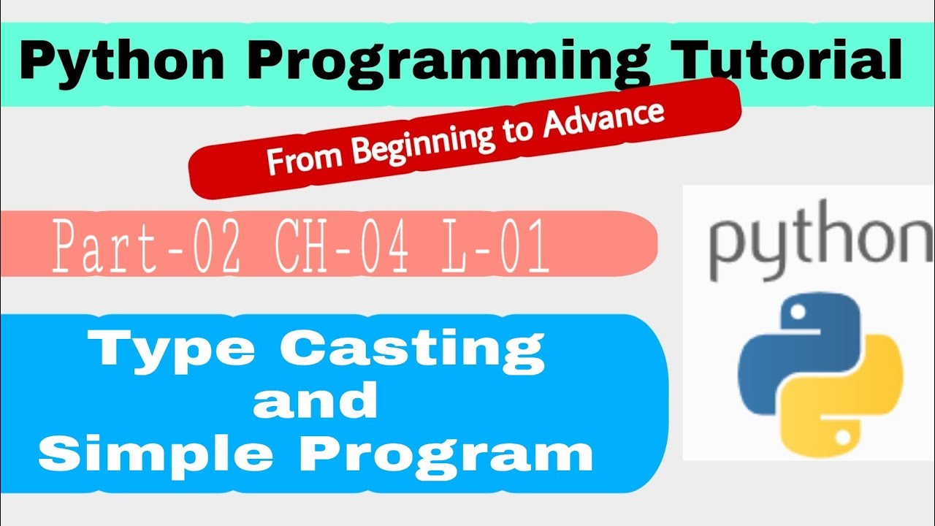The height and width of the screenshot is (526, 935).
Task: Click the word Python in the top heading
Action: click(x=121, y=61)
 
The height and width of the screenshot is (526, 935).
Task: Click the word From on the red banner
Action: click(x=304, y=158)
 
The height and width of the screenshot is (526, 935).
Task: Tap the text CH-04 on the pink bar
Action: click(x=341, y=246)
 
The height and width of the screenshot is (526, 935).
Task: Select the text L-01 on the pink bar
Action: click(x=495, y=246)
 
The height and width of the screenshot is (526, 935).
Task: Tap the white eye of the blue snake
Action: click(x=798, y=312)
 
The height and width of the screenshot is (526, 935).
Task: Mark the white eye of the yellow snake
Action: click(x=843, y=437)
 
